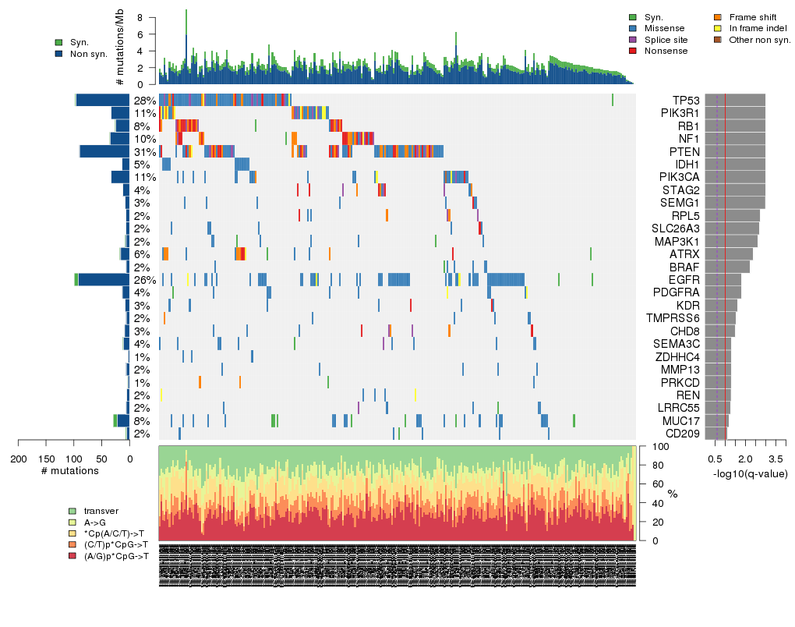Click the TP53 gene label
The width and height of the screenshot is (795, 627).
(686, 101)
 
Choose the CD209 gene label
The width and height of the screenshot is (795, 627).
(682, 434)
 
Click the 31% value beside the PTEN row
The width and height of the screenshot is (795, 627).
(144, 151)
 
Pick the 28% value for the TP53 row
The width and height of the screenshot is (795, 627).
(144, 101)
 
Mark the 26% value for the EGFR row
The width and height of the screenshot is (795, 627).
(144, 279)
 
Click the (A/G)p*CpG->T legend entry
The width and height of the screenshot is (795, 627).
(115, 556)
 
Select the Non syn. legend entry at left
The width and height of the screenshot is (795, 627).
(87, 54)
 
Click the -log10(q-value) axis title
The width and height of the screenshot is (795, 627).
(750, 473)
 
